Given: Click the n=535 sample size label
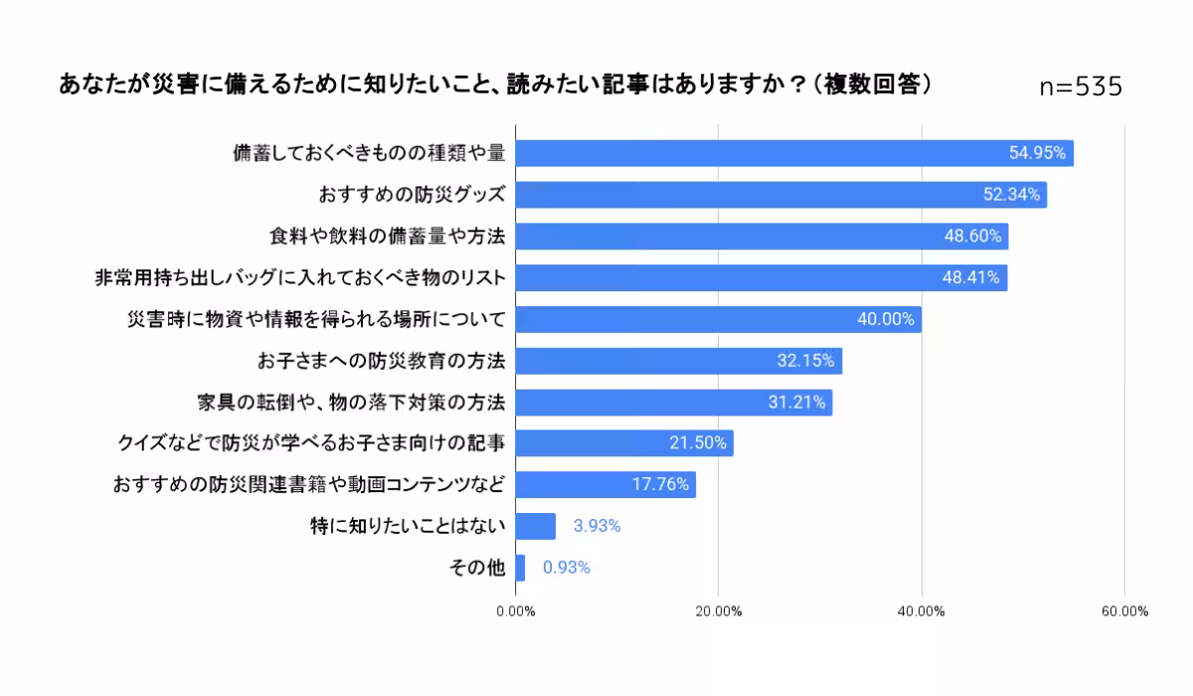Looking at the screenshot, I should pyautogui.click(x=1081, y=87).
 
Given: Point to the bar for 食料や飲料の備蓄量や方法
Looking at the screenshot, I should pyautogui.click(x=761, y=237).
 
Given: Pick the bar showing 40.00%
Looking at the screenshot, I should pyautogui.click(x=718, y=319).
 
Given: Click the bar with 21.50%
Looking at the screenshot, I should pyautogui.click(x=623, y=443).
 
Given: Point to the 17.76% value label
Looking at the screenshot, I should pyautogui.click(x=660, y=485).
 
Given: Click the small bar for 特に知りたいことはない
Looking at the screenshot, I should pyautogui.click(x=535, y=526).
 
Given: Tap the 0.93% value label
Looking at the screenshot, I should pyautogui.click(x=567, y=568).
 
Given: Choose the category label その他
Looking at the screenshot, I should pyautogui.click(x=478, y=568).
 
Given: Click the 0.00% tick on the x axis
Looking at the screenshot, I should pyautogui.click(x=515, y=611).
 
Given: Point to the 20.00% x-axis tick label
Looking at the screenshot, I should pyautogui.click(x=718, y=611).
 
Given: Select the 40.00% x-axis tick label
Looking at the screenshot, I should pyautogui.click(x=921, y=611).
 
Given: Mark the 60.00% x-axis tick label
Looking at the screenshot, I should pyautogui.click(x=1123, y=611).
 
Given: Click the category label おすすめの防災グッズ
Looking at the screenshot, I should pyautogui.click(x=412, y=195).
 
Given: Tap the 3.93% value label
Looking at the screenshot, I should pyautogui.click(x=596, y=526).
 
